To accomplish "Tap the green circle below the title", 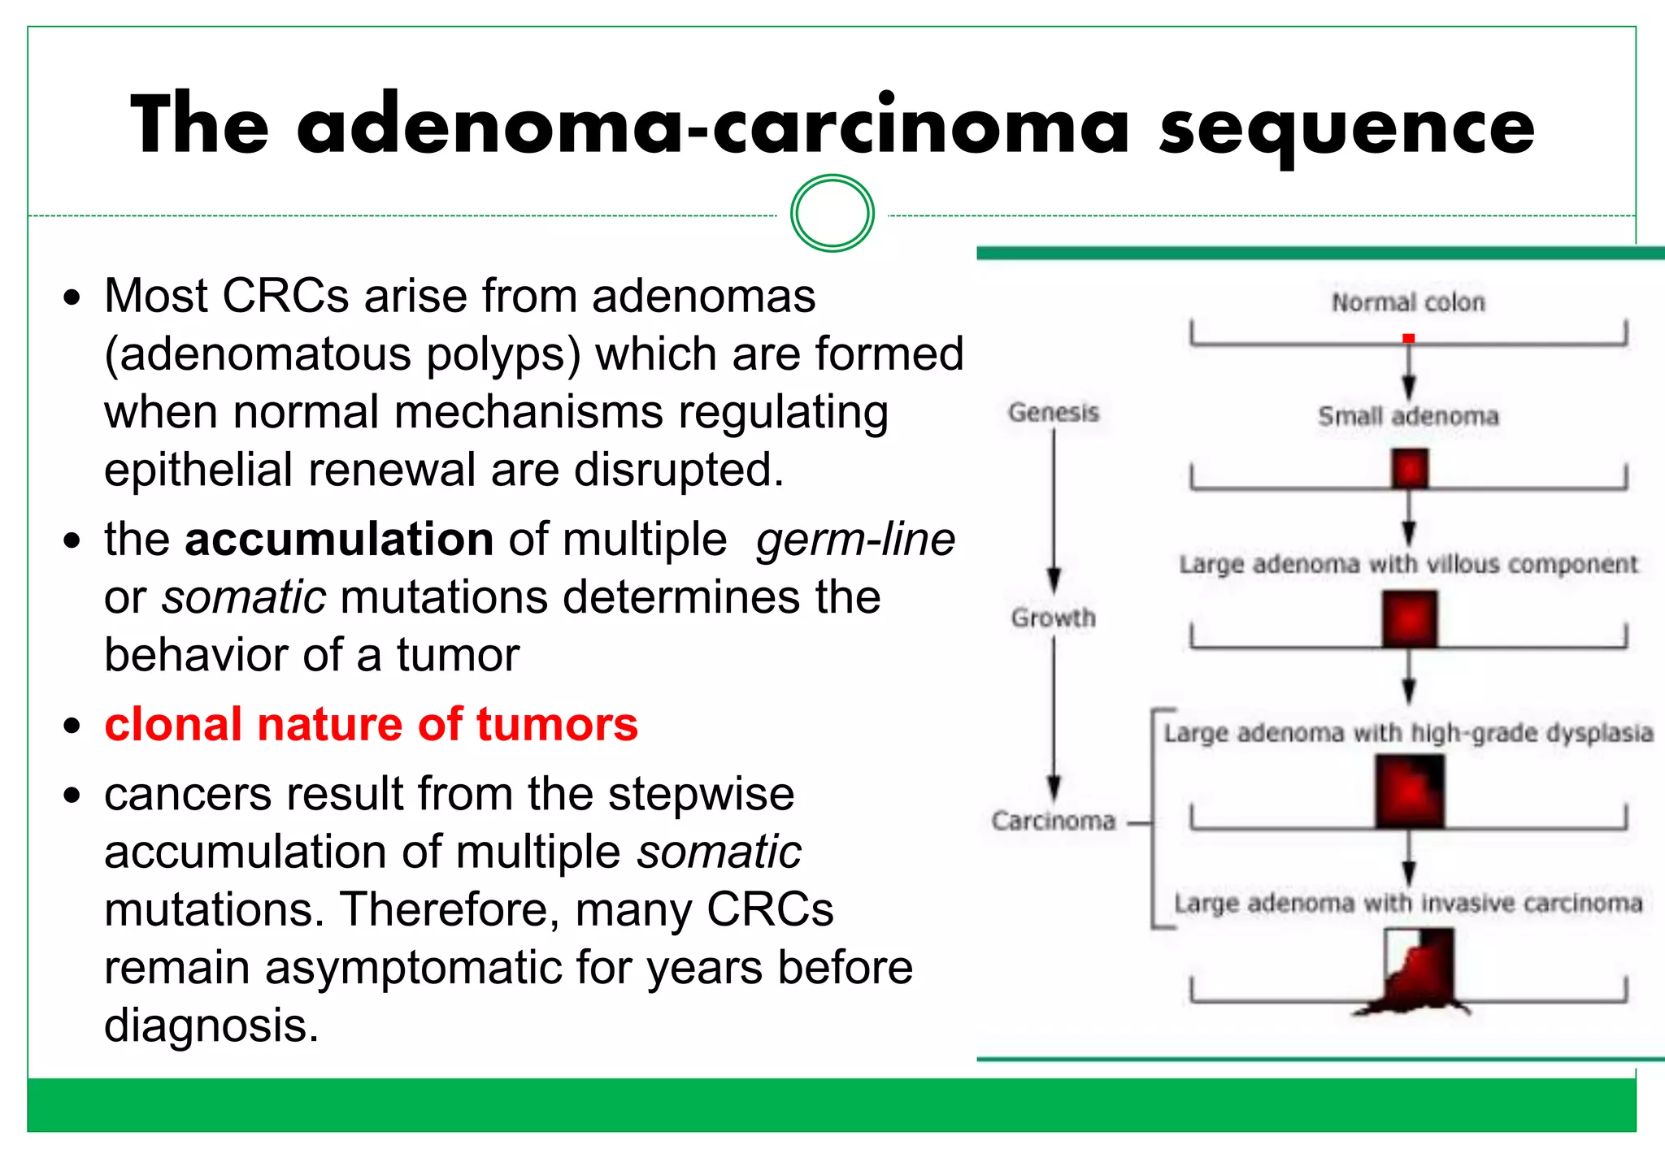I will tap(832, 214).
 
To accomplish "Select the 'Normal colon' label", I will tap(1408, 302).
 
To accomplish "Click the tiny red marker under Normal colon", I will tap(1409, 338).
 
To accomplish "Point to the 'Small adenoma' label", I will tap(1408, 416).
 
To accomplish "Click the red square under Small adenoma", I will tap(1410, 470).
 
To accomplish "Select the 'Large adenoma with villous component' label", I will tap(1408, 563).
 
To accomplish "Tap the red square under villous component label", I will tap(1410, 619).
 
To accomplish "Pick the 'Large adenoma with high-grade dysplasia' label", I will tap(1408, 733).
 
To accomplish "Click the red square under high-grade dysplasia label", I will tap(1410, 792).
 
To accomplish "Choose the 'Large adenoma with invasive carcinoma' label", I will tap(1408, 903).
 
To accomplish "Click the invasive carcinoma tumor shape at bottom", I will tap(1418, 975).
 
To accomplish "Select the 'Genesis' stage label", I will tap(1054, 413).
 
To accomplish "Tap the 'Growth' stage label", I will tap(1054, 618).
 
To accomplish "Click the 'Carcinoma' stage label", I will tap(1054, 821).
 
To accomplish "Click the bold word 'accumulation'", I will tap(339, 539).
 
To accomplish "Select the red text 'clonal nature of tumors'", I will tap(371, 724).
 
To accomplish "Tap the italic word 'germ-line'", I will tap(855, 539).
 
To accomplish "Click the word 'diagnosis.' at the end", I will tap(211, 1026).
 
